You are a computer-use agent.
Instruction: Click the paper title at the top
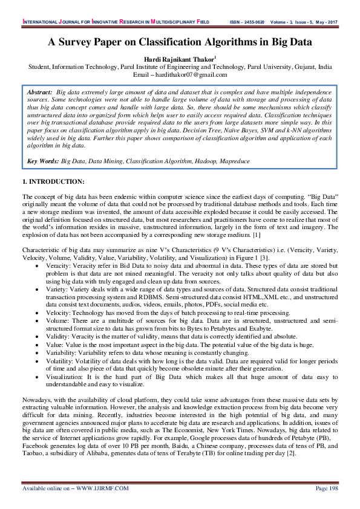180,42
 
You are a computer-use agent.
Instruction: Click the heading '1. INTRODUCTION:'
53,181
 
